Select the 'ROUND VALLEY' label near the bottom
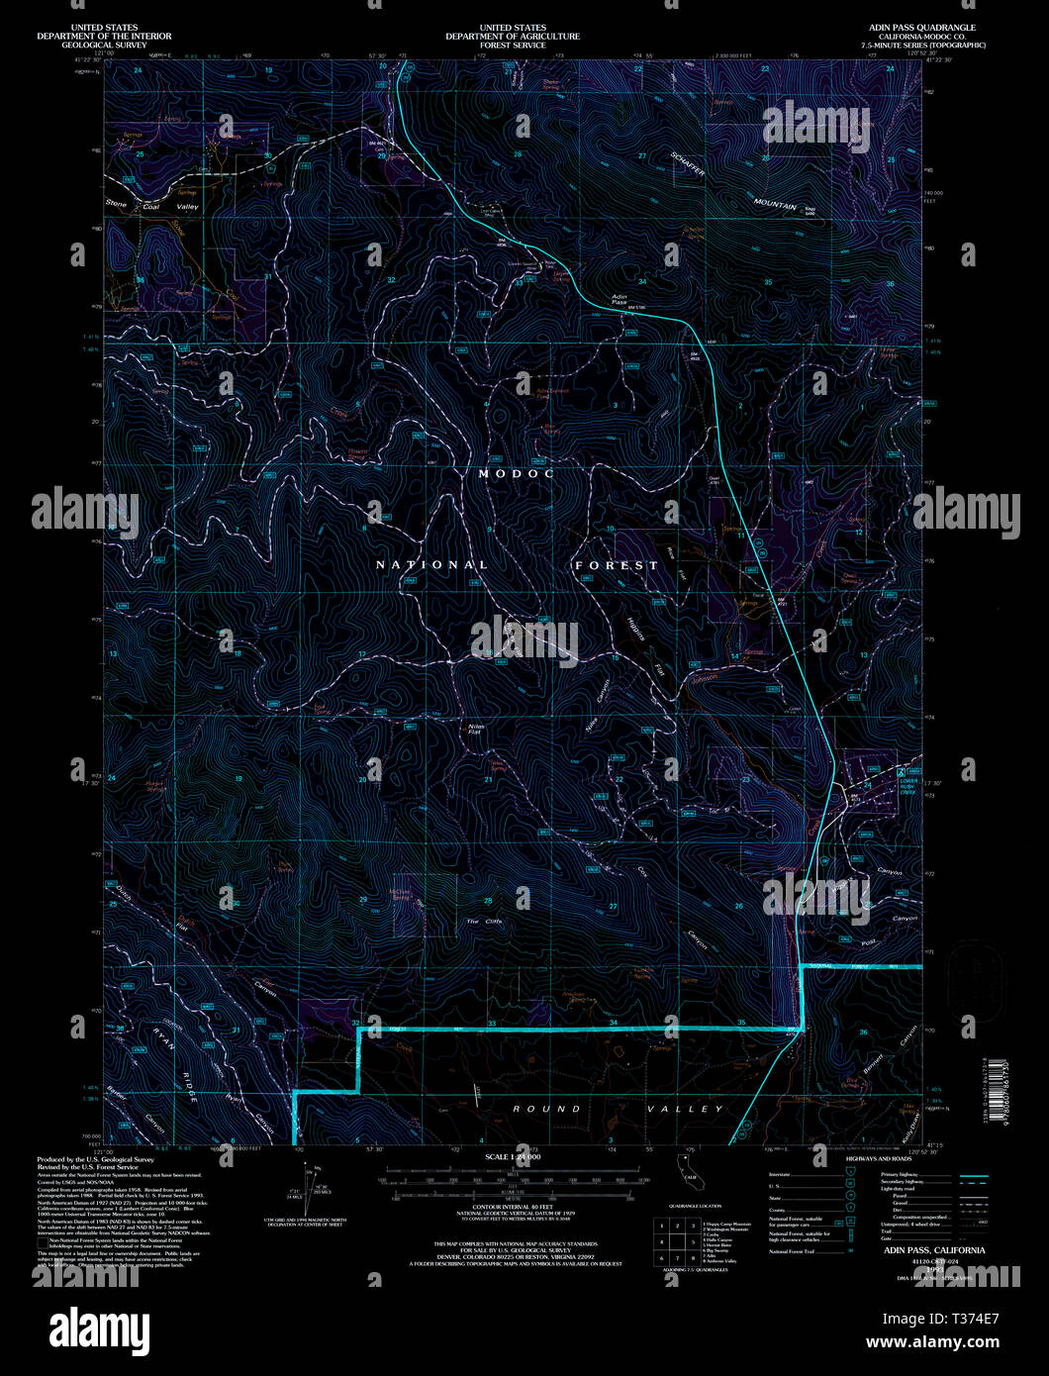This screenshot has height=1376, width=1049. pos(618,1109)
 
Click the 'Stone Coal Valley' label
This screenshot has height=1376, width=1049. pos(152,206)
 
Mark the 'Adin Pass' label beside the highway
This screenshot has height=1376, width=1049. pos(620,300)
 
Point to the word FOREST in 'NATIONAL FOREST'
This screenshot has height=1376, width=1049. pos(617,565)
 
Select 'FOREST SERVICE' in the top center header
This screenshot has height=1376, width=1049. pos(512,45)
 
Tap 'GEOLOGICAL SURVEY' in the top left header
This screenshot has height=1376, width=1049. pos(104,45)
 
